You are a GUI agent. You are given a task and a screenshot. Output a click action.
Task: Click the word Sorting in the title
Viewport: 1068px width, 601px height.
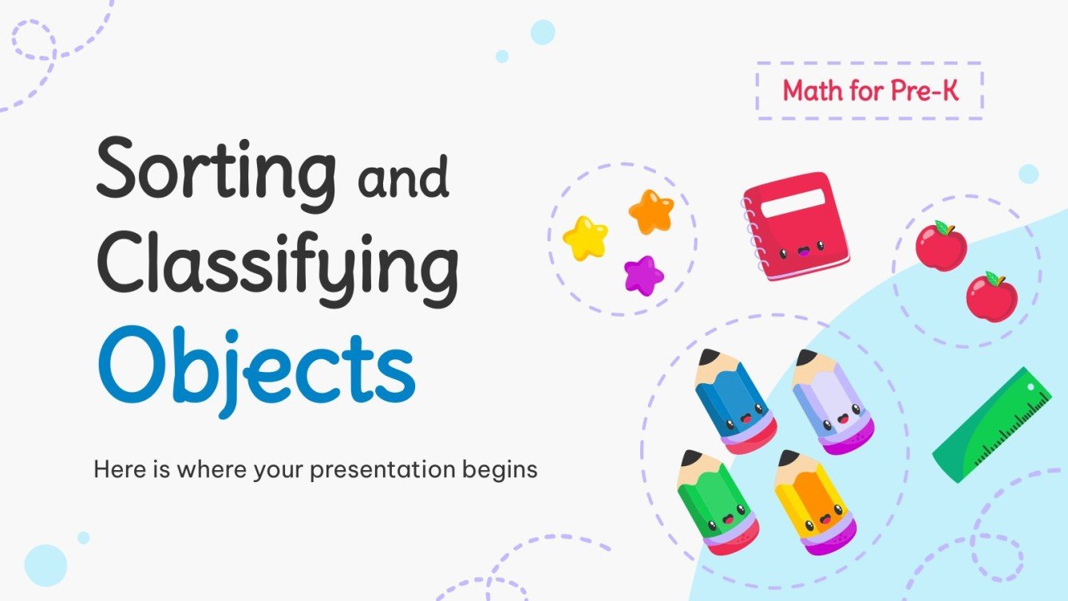[216, 175]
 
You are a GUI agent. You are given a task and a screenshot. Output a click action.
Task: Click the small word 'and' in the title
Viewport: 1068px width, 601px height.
[403, 176]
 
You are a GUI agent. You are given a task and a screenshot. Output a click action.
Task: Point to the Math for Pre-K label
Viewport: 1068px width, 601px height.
[870, 90]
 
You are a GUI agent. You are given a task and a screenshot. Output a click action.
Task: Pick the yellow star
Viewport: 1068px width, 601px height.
[586, 238]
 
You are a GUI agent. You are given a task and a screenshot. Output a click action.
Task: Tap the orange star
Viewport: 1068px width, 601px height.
[651, 212]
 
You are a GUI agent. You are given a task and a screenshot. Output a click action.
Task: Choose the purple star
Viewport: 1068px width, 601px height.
[643, 275]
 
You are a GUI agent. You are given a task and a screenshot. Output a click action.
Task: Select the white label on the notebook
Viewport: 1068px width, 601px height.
[793, 203]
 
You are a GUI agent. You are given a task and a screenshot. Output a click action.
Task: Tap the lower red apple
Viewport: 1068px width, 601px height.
[991, 297]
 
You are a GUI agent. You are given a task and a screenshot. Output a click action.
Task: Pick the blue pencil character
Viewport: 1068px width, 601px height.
[734, 401]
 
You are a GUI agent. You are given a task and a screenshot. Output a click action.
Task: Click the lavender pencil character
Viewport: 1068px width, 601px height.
[833, 401]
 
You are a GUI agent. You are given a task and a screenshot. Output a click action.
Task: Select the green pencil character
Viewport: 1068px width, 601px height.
[718, 502]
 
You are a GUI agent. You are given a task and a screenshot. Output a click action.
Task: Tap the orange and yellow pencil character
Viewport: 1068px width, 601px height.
[815, 502]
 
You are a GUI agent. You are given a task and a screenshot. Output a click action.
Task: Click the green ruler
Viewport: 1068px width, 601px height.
[992, 425]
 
